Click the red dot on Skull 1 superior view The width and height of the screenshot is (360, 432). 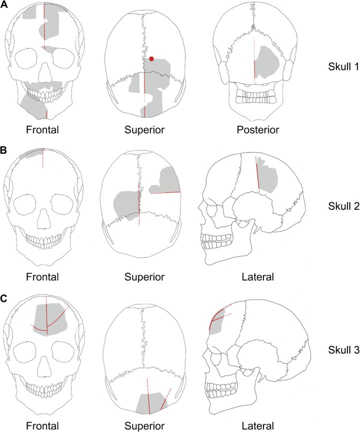pyautogui.click(x=151, y=59)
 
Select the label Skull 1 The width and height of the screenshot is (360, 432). pyautogui.click(x=338, y=66)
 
